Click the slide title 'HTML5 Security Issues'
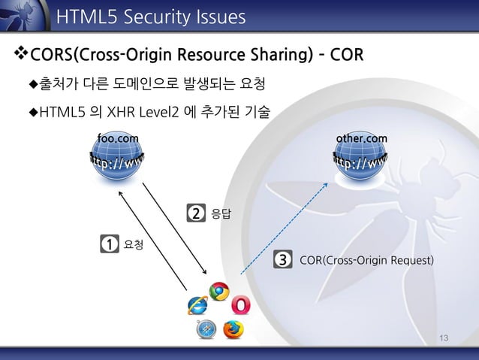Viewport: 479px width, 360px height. coord(151,16)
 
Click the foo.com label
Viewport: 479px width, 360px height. coord(119,138)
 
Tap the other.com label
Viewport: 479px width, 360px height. coord(362,138)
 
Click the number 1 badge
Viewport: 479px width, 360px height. coord(109,244)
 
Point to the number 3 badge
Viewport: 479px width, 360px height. coord(282,261)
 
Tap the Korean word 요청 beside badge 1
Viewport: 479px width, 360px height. coord(134,244)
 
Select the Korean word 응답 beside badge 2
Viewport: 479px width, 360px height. coord(221,214)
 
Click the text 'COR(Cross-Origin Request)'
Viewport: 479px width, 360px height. coord(366,261)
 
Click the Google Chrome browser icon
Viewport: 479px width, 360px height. coord(218,292)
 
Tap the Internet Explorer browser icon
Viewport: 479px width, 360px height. coord(198,305)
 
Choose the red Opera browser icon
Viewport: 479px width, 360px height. coord(241,305)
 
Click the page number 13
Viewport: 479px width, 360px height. coord(444,339)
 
